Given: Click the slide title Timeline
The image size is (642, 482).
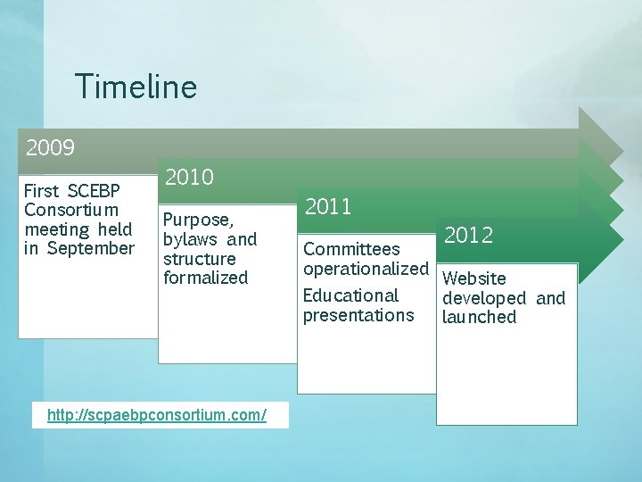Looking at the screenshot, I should [x=136, y=87].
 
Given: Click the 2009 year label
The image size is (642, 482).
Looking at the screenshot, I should [x=50, y=146].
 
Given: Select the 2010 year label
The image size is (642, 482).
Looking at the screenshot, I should [x=189, y=177].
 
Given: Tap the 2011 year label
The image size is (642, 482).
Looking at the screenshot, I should [x=328, y=207].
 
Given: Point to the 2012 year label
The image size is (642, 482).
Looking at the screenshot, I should [x=468, y=236].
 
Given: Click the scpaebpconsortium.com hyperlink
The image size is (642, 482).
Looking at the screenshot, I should [x=160, y=416].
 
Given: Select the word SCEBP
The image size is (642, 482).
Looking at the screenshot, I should [x=95, y=191].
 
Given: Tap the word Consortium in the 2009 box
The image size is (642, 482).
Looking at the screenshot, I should [x=71, y=211].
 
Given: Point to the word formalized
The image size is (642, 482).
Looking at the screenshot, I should [x=206, y=278].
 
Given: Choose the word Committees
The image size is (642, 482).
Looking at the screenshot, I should [x=351, y=249].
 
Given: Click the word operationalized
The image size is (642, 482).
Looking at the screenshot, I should [x=366, y=269].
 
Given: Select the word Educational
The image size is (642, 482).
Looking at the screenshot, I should [x=350, y=295].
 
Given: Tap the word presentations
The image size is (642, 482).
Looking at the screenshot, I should [x=358, y=315].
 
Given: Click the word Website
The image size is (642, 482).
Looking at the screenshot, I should [x=473, y=278].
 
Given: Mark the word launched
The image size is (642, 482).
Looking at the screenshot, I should [x=479, y=317].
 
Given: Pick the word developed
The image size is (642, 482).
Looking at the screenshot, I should [x=484, y=298].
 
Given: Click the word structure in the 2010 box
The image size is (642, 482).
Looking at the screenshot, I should [x=200, y=259].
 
